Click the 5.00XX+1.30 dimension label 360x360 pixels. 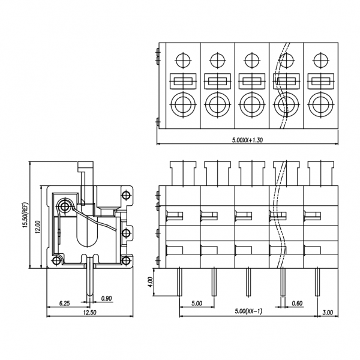pyautogui.click(x=247, y=140)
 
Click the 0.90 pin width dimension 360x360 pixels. pyautogui.click(x=107, y=298)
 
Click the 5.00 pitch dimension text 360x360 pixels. pyautogui.click(x=196, y=303)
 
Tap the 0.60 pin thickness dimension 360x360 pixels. pyautogui.click(x=296, y=303)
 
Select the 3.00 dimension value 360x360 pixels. pyautogui.click(x=328, y=313)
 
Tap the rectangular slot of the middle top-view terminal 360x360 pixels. pyautogui.click(x=250, y=80)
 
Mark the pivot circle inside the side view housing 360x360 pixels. pyautogui.click(x=65, y=206)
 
